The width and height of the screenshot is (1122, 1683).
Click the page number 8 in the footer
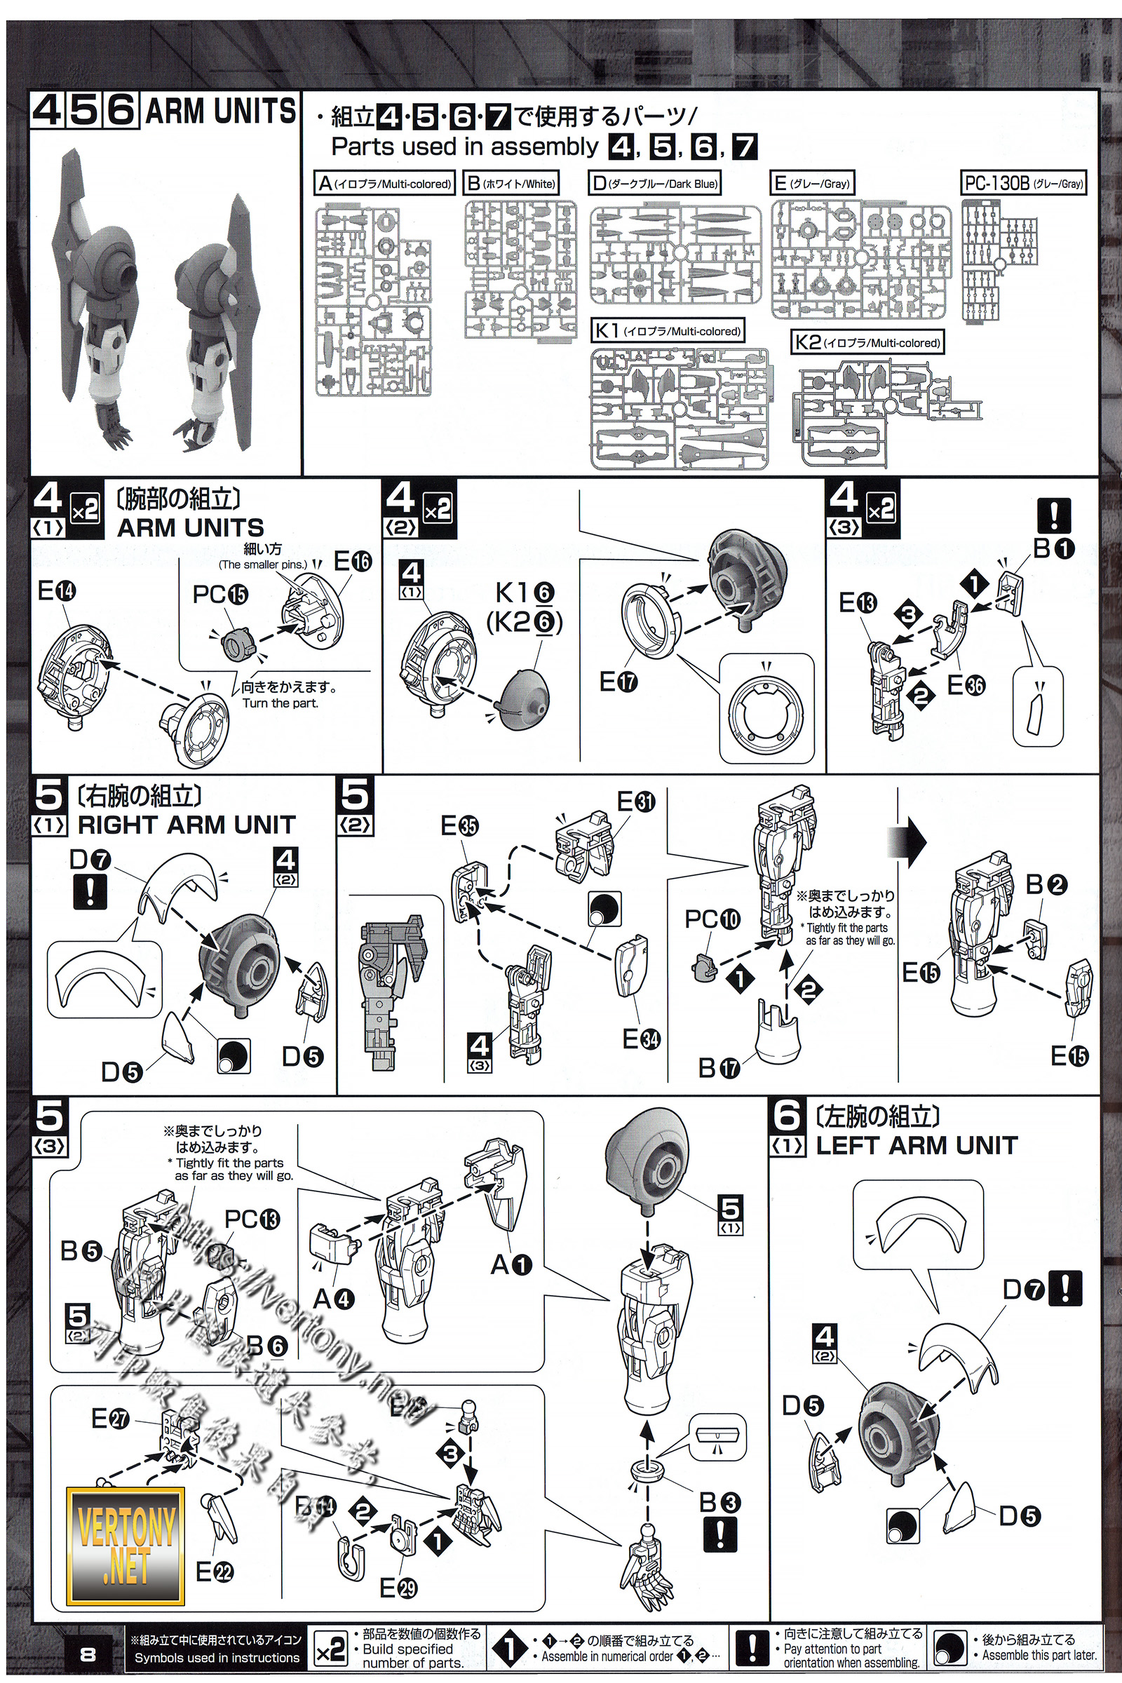pyautogui.click(x=88, y=1654)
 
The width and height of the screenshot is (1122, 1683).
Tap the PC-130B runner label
pyautogui.click(x=1023, y=183)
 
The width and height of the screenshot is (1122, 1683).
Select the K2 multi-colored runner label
pyautogui.click(x=867, y=342)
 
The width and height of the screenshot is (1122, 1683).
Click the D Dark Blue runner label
pyautogui.click(x=655, y=183)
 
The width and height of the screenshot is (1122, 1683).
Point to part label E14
pyautogui.click(x=57, y=591)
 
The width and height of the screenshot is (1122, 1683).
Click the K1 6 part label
pyautogui.click(x=525, y=593)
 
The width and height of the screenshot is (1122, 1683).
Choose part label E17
pyautogui.click(x=619, y=682)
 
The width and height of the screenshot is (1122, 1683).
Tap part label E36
pyautogui.click(x=966, y=685)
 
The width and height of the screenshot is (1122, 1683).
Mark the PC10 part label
pyautogui.click(x=712, y=919)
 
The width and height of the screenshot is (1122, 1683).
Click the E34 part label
pyautogui.click(x=641, y=1039)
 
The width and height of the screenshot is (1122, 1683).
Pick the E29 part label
pyautogui.click(x=398, y=1609)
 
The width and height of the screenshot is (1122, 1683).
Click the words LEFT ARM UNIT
pyautogui.click(x=917, y=1145)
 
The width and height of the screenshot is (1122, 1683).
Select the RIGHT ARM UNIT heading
pyautogui.click(x=186, y=825)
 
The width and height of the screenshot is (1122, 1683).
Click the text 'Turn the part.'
pyautogui.click(x=280, y=703)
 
